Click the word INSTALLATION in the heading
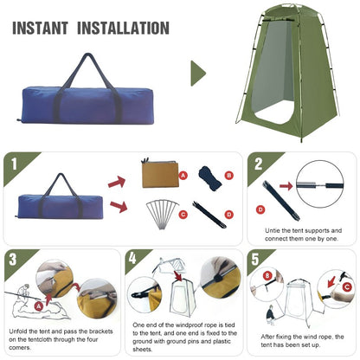click(125, 28)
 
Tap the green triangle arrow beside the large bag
click(198, 73)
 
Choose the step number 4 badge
click(132, 259)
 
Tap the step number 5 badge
click(257, 259)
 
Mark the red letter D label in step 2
click(260, 209)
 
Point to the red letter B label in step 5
click(267, 277)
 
